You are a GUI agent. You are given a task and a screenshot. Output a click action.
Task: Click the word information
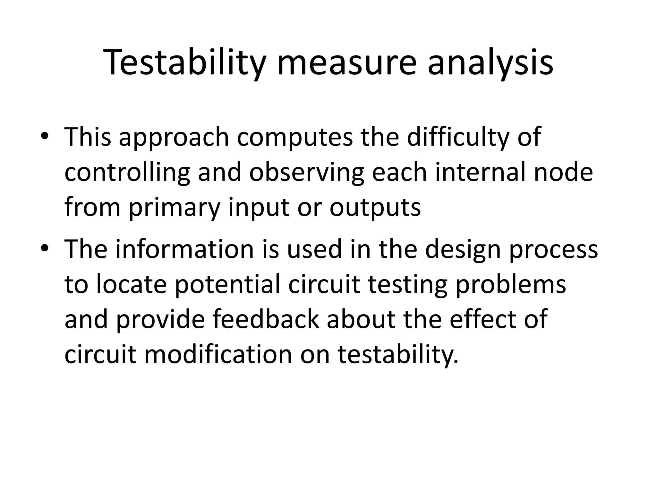185,249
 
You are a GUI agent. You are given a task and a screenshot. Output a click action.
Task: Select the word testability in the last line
398,355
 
